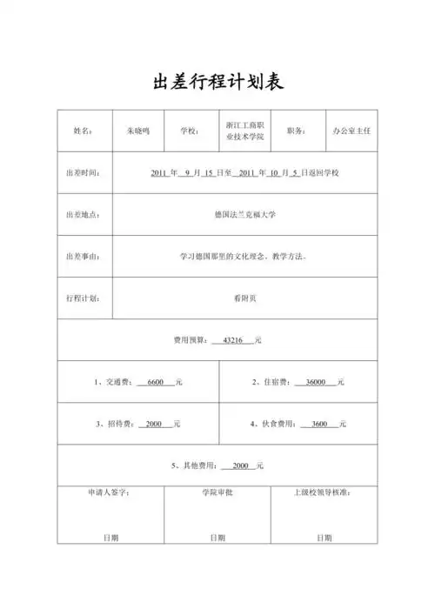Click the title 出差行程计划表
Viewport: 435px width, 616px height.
click(217, 82)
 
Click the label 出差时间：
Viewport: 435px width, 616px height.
click(83, 172)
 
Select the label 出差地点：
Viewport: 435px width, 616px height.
click(83, 214)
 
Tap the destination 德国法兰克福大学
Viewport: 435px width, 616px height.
click(244, 214)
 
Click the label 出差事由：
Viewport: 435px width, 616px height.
click(83, 257)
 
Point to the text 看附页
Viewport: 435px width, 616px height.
click(245, 298)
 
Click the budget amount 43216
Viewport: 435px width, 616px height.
click(237, 339)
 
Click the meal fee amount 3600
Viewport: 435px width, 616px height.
click(319, 424)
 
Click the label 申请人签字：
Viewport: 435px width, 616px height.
click(109, 492)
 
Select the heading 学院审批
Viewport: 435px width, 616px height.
click(217, 492)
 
